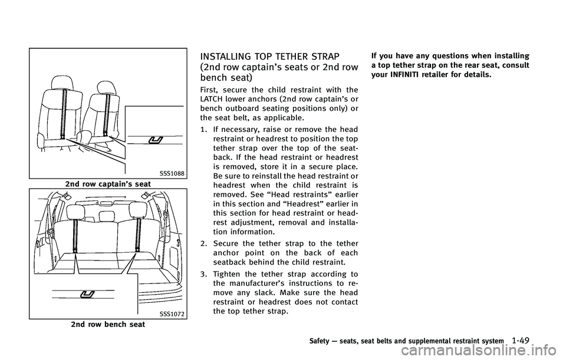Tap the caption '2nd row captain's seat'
coord(108,184)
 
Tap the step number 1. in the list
coord(203,129)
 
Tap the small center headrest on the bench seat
coord(107,216)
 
